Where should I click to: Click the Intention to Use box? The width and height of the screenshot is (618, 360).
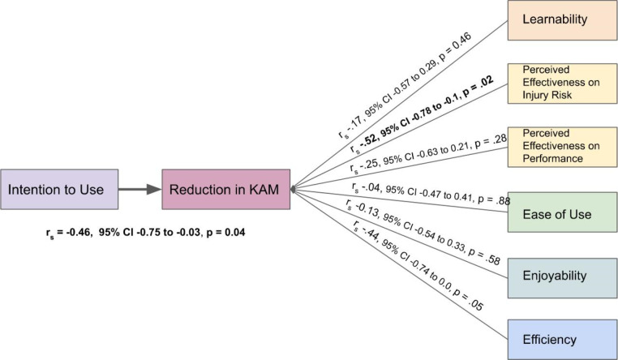tap(59, 190)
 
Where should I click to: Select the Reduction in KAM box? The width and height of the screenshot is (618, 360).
tap(225, 190)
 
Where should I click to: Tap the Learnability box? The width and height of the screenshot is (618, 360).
tap(562, 20)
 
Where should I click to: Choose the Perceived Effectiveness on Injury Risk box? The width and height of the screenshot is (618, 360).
tap(562, 84)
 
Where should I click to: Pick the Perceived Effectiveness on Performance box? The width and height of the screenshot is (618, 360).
tap(562, 147)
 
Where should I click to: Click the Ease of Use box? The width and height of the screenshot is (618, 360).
tap(562, 212)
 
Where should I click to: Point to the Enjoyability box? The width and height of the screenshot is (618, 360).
tap(562, 278)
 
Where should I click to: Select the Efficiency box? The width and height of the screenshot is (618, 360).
tap(562, 340)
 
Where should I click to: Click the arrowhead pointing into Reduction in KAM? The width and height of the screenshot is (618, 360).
tap(154, 190)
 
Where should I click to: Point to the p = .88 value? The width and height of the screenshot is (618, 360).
tap(494, 199)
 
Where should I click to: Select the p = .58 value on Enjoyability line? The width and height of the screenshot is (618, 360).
tap(484, 256)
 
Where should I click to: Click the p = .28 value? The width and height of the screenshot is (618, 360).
tap(491, 141)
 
